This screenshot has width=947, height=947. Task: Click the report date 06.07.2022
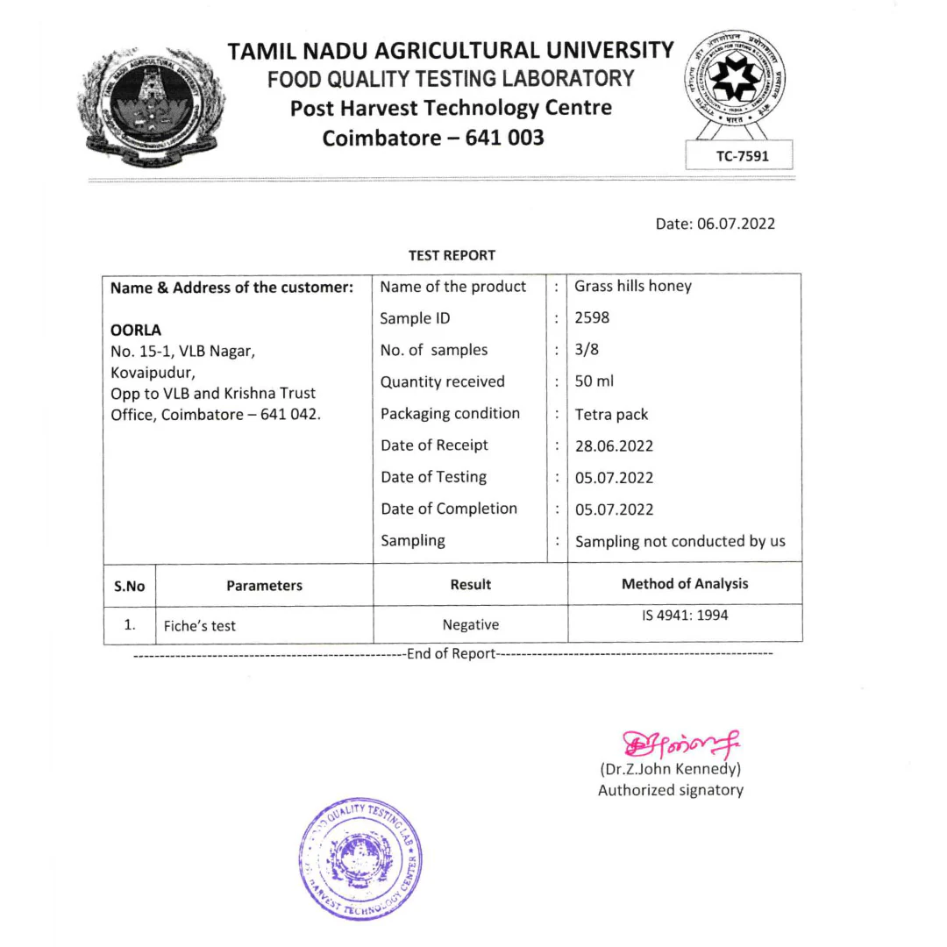coord(715,224)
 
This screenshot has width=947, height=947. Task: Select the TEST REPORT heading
coord(452,255)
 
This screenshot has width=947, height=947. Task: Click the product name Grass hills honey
coord(632,287)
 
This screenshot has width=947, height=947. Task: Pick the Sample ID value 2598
coord(593,318)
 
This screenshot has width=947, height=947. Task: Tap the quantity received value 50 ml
coord(593,381)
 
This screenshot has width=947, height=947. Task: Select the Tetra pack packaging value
coord(611,414)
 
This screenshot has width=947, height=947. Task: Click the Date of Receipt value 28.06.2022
coord(614,445)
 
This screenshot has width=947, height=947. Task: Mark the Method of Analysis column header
coord(685,583)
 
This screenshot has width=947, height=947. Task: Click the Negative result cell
coord(470,624)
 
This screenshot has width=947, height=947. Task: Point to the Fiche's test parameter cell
coord(200,626)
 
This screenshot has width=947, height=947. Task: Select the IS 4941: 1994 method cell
coord(685,616)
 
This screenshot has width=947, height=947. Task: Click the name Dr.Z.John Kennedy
coord(671,770)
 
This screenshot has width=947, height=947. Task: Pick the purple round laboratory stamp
coord(360,858)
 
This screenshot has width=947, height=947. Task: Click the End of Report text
coord(452,653)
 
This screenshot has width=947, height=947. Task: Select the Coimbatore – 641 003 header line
coord(433,138)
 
